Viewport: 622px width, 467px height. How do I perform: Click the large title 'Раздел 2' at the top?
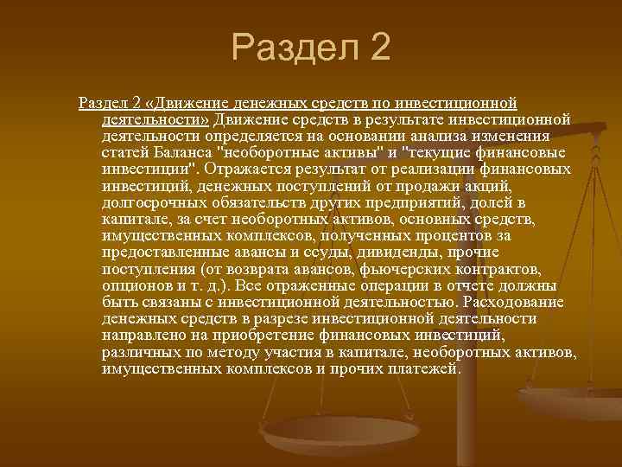(311, 47)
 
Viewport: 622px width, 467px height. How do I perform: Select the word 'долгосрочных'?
(145, 202)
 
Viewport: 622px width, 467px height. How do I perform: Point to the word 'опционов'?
(130, 285)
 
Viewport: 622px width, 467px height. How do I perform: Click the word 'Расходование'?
(514, 302)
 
